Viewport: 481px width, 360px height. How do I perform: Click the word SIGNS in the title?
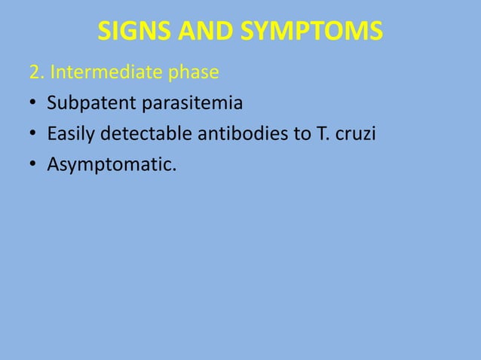tap(131, 32)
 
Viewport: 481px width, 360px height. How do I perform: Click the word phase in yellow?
tap(195, 74)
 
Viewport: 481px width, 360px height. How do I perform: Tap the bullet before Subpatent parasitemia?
tap(33, 104)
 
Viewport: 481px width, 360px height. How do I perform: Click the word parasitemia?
tap(192, 104)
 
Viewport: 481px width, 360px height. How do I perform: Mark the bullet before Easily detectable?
tap(33, 134)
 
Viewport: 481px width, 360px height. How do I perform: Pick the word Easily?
tap(69, 134)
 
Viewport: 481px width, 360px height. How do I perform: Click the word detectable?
tap(137, 133)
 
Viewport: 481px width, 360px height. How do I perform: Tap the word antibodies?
tap(225, 133)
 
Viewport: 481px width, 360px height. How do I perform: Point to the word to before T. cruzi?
tap(283, 134)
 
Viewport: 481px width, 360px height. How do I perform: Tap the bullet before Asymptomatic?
tap(33, 163)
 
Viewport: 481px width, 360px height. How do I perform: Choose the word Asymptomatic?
tap(109, 164)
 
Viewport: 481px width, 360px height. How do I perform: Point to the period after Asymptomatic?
tap(175, 168)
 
